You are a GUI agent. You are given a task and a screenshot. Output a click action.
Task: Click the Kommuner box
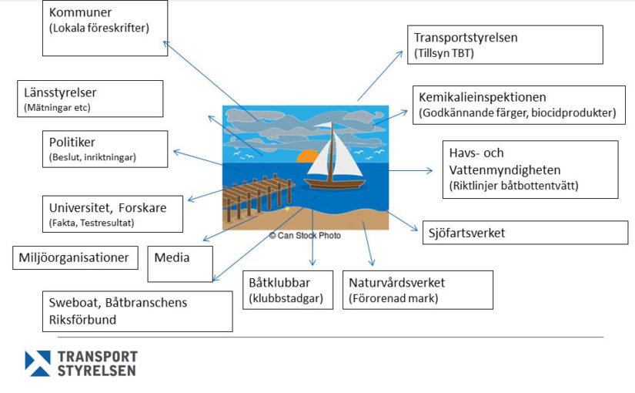105,28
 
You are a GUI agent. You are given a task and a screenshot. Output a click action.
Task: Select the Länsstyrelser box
90,99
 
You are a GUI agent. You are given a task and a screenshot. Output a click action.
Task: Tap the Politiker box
105,149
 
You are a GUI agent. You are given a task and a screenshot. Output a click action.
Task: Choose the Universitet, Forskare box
112,214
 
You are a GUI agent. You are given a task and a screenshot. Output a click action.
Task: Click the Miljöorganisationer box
75,257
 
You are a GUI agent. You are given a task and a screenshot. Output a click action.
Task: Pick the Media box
180,264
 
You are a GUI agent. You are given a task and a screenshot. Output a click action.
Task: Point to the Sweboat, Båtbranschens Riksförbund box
137,311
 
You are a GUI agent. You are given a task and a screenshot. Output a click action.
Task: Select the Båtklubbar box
288,290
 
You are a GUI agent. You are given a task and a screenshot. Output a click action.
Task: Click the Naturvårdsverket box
418,290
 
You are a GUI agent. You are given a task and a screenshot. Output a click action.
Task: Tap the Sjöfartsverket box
525,233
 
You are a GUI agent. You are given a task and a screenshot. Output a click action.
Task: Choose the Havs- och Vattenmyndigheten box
530,170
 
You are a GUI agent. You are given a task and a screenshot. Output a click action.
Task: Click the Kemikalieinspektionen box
519,105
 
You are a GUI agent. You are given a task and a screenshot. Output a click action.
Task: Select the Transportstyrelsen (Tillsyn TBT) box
505,45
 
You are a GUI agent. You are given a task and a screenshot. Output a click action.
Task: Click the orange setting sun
309,156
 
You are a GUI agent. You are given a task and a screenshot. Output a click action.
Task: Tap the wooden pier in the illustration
258,195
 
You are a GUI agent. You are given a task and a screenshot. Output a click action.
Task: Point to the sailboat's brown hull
335,184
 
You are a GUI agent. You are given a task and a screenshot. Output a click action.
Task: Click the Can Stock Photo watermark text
306,235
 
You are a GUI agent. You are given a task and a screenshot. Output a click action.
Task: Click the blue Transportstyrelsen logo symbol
38,363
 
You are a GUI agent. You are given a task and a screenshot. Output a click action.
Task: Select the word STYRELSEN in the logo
96,371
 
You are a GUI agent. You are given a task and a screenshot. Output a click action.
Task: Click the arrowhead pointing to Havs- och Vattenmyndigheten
429,171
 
